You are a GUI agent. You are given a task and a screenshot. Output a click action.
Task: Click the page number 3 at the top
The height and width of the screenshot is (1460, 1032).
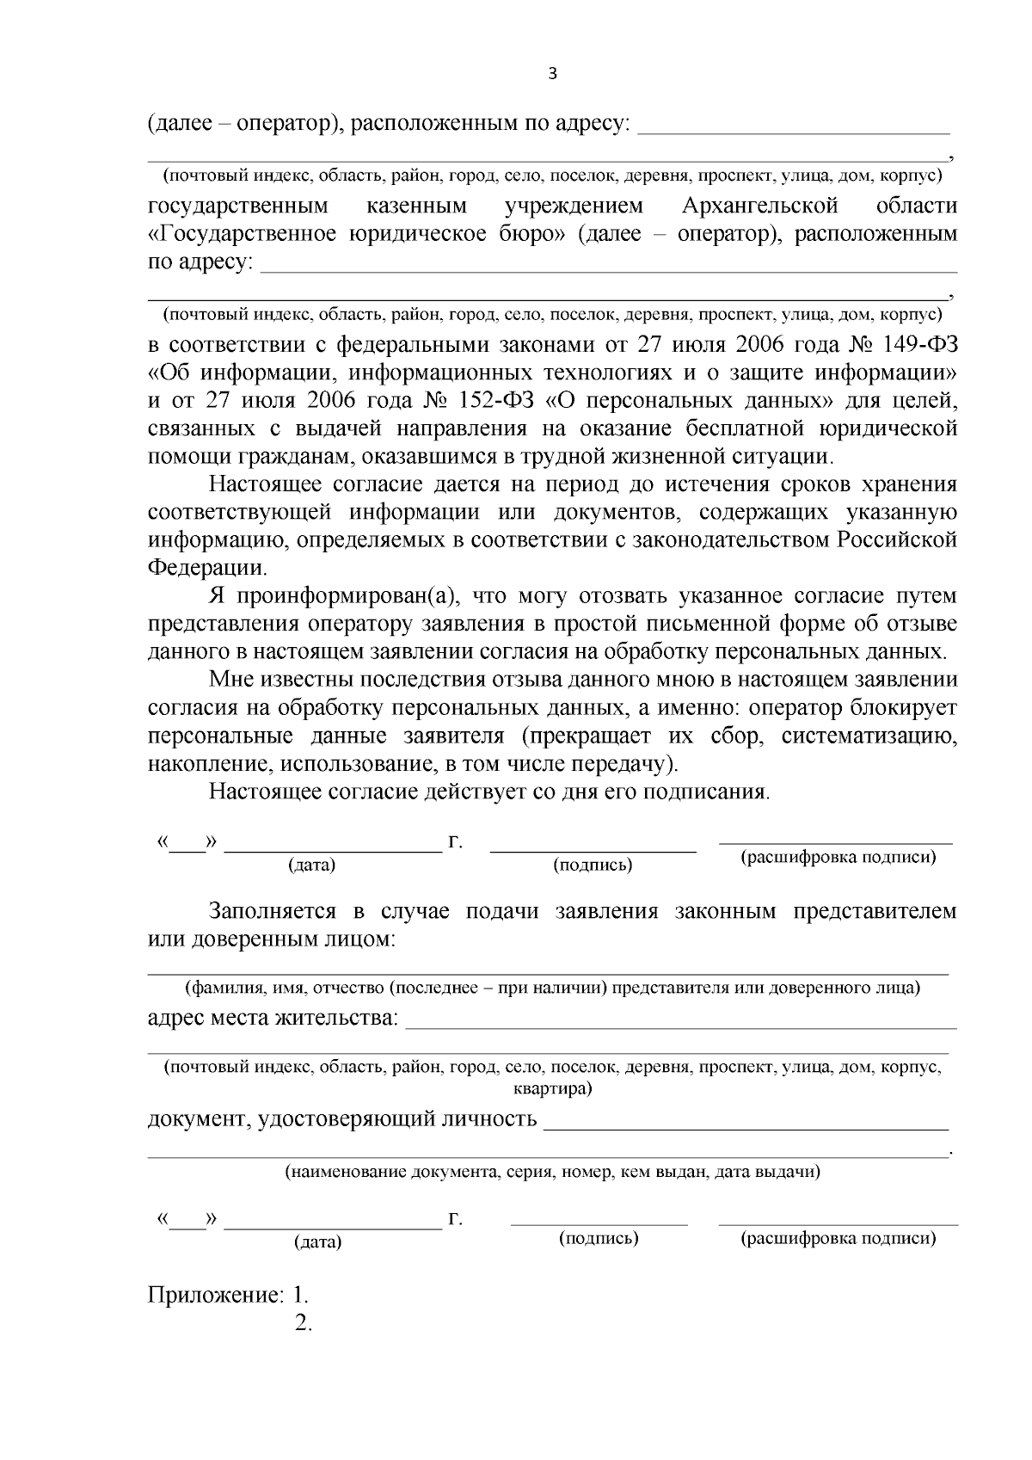pos(553,75)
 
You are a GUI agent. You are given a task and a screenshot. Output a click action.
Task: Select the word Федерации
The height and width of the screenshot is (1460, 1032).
pos(207,569)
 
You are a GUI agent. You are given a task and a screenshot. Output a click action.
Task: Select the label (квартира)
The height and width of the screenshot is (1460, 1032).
pos(551,1089)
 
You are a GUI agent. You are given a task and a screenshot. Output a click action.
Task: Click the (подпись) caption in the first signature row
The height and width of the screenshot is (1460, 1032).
pos(593,865)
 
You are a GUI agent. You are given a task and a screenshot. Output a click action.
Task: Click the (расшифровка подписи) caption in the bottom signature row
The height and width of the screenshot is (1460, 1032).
pos(838,1238)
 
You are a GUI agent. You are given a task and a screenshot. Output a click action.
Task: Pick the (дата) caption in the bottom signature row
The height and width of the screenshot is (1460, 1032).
pos(317,1242)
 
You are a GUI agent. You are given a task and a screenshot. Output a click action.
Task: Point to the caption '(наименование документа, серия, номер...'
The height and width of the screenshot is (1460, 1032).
pos(552,1172)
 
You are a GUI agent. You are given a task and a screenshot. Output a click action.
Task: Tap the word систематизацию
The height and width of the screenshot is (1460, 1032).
pos(869,736)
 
